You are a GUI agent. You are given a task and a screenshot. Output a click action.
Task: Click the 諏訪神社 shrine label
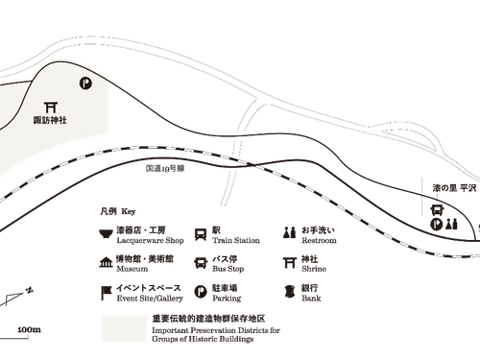[50, 120]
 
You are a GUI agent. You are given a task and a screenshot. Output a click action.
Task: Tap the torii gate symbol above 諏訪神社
[51, 108]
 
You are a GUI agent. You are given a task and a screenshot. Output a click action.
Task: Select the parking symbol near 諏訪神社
[85, 84]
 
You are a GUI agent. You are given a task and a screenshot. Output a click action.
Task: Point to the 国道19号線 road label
[165, 169]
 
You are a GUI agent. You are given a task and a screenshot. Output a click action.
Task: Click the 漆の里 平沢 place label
[454, 188]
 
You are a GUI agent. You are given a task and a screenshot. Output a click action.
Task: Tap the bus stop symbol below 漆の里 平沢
[437, 210]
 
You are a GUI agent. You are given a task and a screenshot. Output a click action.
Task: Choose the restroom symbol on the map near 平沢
[452, 224]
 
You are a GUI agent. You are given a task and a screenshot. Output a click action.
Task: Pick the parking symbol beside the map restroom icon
[436, 224]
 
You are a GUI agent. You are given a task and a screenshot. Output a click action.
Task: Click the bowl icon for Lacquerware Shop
[106, 233]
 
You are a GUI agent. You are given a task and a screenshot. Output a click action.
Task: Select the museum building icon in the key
[106, 262]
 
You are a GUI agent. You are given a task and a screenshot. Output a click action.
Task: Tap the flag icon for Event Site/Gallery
[106, 293]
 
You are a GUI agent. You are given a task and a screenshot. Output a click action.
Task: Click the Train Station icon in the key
[201, 234]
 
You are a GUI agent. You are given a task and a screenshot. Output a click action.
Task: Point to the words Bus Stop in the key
[228, 269]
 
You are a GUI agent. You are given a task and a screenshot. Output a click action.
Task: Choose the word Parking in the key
[227, 299]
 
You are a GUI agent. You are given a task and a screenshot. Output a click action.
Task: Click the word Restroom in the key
[319, 240]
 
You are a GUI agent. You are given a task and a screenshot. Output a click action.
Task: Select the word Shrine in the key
[314, 269]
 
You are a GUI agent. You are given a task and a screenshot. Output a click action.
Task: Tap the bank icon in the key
[290, 292]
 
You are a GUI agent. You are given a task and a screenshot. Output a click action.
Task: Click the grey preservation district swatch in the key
[125, 328]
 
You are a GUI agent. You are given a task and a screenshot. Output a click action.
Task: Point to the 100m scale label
[30, 329]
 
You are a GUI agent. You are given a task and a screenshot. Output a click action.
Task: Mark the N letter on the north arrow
[30, 290]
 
